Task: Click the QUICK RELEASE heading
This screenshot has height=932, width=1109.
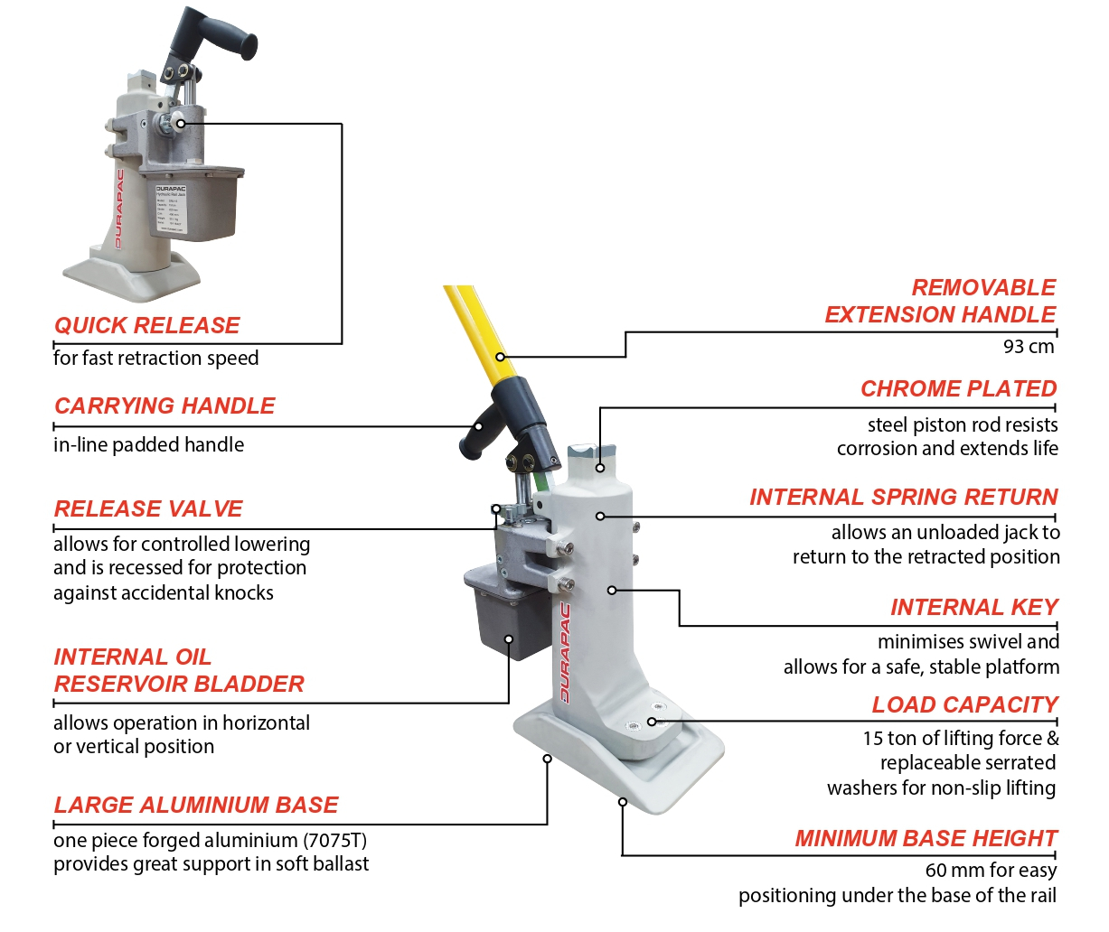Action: [x=146, y=325]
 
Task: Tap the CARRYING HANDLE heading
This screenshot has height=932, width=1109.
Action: [x=164, y=405]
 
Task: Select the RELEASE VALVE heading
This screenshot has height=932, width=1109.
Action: [x=148, y=508]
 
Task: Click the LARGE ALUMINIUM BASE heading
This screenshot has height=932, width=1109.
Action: [x=196, y=805]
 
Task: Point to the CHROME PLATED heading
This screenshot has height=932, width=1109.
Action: [x=958, y=388]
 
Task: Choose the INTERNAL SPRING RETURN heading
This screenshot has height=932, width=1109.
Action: [x=903, y=497]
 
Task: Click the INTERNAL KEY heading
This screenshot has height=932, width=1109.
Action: [x=973, y=607]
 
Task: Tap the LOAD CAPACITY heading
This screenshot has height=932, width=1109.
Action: [x=963, y=704]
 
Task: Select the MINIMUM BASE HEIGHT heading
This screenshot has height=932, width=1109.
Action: [x=926, y=838]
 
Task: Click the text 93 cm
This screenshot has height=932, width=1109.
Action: [x=1029, y=346]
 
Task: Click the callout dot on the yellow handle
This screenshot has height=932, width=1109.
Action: [x=500, y=357]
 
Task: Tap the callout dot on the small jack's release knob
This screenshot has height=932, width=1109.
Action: [x=181, y=124]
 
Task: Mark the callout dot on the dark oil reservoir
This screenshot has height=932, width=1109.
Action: [x=509, y=638]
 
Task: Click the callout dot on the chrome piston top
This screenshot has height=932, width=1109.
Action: [x=599, y=468]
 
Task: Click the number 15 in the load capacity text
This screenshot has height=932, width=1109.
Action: [x=872, y=739]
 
